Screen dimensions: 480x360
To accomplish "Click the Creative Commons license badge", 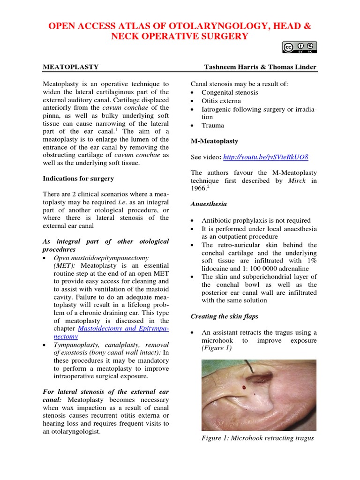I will tap(299, 47).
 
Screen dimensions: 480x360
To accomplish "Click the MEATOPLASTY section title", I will tap(71, 67).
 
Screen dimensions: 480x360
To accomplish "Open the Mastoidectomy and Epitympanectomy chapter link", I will tap(124, 329).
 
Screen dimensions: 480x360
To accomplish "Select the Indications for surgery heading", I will tap(78, 179).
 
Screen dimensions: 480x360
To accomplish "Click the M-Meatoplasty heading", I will tap(214, 141).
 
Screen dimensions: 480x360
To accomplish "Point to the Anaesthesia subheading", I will tap(209, 204).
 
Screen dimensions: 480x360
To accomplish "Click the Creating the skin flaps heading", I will tap(224, 316).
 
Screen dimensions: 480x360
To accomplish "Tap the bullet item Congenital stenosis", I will tap(230, 92).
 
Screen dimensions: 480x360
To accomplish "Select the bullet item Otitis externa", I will tap(221, 101).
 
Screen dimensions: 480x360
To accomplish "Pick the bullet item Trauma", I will tap(213, 125).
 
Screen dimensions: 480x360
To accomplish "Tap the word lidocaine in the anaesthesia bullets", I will tap(217, 269).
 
